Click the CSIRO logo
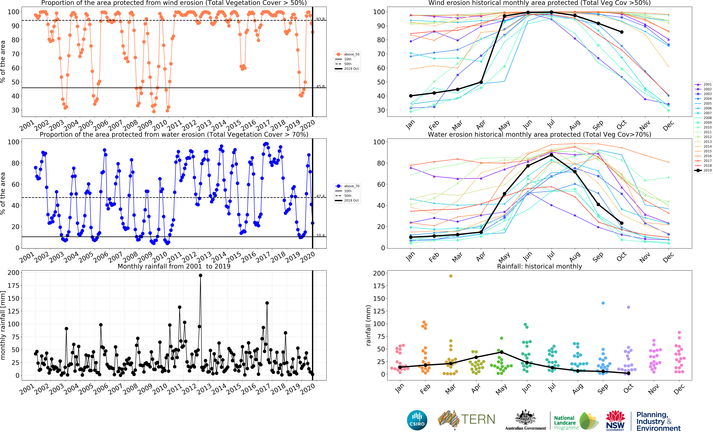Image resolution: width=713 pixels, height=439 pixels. click(x=417, y=420)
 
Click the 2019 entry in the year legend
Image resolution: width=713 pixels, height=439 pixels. click(x=707, y=170)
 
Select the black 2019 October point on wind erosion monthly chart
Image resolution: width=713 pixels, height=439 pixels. click(x=621, y=32)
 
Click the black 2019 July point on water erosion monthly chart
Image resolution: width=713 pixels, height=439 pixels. click(x=551, y=155)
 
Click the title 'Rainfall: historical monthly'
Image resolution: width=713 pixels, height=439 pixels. click(x=539, y=266)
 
